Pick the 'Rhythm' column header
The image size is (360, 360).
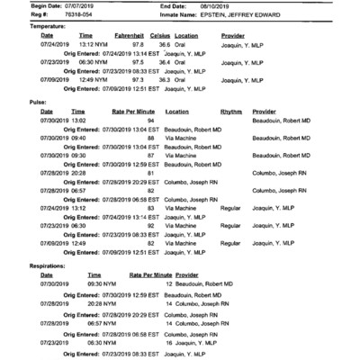[231, 112]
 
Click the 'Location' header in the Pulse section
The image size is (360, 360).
[177, 112]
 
